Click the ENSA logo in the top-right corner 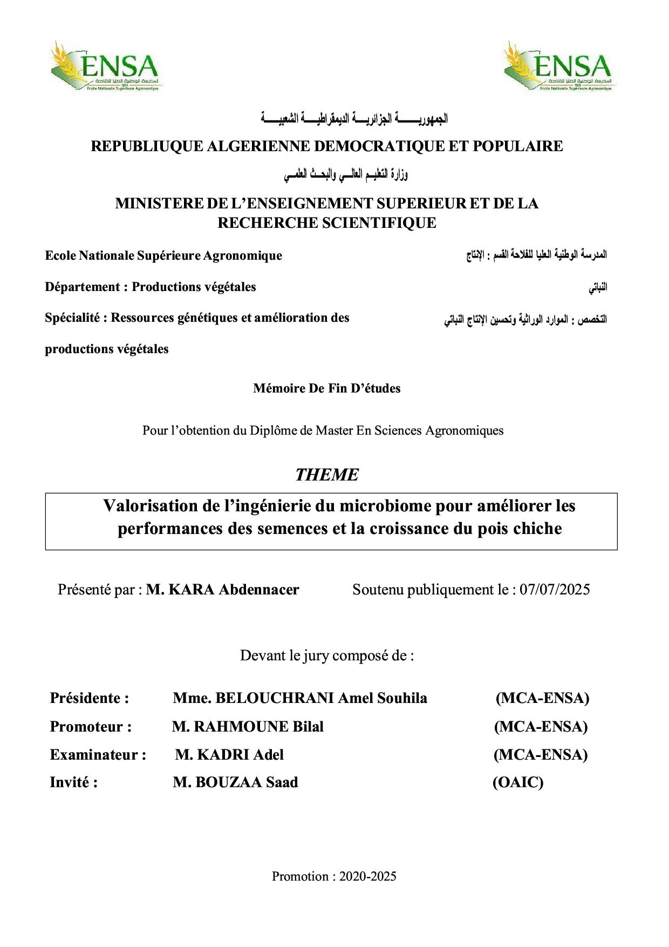558,66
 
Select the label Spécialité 75,318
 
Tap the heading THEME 327,475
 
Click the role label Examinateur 98,755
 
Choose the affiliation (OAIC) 518,782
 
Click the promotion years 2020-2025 367,876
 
